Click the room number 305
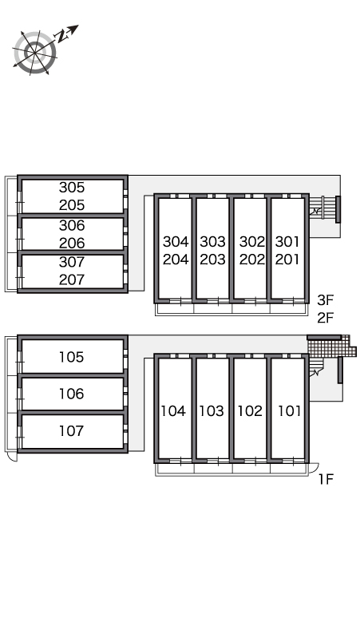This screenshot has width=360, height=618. pos(72,187)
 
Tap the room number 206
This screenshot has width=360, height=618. pos(72,243)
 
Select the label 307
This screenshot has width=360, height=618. pos(72,262)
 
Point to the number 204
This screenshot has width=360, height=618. pos(176,259)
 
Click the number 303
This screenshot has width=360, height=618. pos(212,241)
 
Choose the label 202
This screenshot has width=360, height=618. pos(252,259)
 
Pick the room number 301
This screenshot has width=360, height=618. pos(287,241)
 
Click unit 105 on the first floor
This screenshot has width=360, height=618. pos(72,357)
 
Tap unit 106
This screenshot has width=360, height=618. pos(72,394)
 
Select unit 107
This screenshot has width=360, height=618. pos(72,430)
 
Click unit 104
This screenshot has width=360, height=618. pos(173,411)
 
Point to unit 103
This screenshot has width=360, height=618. pos(212,411)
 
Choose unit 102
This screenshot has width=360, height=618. pos(250,411)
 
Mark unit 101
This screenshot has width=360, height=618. pos(290,411)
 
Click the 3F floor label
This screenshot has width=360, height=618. pos(326,300)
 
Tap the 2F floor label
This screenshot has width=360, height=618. pos(326,317)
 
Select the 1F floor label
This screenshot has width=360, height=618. pos(326,479)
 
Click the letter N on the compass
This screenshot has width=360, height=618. pos(61,37)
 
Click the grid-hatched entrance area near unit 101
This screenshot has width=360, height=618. pos(330,347)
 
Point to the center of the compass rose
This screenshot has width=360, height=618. pos(35,53)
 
